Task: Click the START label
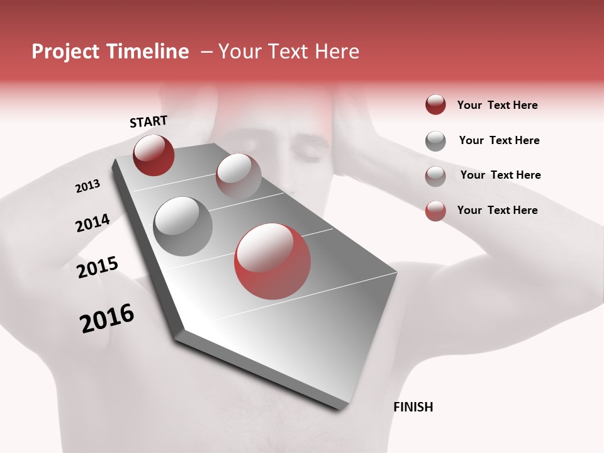pyautogui.click(x=148, y=121)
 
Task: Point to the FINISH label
pyautogui.click(x=413, y=407)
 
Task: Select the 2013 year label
pyautogui.click(x=88, y=186)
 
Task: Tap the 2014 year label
pyautogui.click(x=92, y=223)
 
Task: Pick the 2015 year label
pyautogui.click(x=98, y=267)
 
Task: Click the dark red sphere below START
pyautogui.click(x=154, y=155)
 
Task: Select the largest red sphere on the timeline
pyautogui.click(x=272, y=261)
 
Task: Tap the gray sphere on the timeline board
pyautogui.click(x=182, y=226)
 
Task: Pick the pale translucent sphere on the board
pyautogui.click(x=238, y=175)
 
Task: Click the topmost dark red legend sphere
pyautogui.click(x=435, y=104)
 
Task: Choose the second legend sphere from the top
pyautogui.click(x=435, y=140)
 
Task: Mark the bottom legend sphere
pyautogui.click(x=435, y=210)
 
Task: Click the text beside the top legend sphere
pyautogui.click(x=497, y=105)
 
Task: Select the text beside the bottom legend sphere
pyautogui.click(x=497, y=210)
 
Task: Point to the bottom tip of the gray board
pyautogui.click(x=339, y=408)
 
